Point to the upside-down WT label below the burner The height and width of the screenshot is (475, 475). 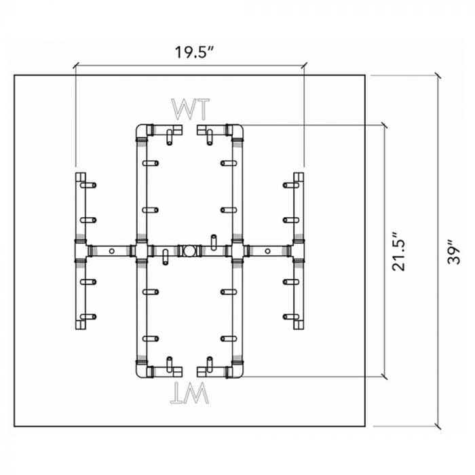[189, 393]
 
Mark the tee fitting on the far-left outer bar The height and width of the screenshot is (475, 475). [81, 251]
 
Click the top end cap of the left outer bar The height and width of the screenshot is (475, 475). [81, 177]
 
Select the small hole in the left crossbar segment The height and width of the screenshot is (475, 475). [112, 251]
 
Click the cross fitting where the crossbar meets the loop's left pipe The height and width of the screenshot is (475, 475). [141, 251]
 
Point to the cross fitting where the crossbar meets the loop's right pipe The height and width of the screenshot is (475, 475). [237, 251]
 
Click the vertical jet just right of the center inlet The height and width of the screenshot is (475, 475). [214, 242]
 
